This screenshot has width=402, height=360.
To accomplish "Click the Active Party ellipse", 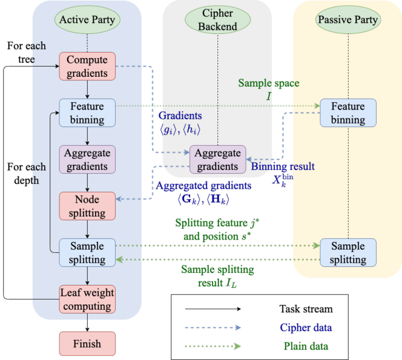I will [x=87, y=19].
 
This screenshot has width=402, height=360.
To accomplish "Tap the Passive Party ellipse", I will [x=348, y=19].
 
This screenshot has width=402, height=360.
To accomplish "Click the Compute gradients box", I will [x=87, y=67].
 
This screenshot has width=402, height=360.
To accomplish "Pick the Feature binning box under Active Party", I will [x=87, y=113].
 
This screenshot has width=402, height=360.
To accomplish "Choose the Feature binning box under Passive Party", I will [x=348, y=113].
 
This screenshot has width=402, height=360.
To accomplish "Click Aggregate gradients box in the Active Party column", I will [x=87, y=160].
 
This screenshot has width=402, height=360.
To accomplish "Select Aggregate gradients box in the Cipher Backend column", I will [x=218, y=160].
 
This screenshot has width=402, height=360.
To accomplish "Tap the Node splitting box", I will [x=87, y=206].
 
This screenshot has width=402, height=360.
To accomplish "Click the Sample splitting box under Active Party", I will [x=87, y=253].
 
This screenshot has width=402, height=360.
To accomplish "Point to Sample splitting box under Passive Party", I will [x=348, y=253].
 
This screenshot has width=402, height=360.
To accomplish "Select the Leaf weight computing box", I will [x=87, y=299].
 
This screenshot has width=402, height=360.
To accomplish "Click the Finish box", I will [x=87, y=344].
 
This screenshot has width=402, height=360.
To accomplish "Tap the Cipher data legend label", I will [x=306, y=327].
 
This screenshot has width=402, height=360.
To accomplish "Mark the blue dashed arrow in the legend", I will [x=213, y=327].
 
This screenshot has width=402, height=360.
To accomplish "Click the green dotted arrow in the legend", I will [x=213, y=346].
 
